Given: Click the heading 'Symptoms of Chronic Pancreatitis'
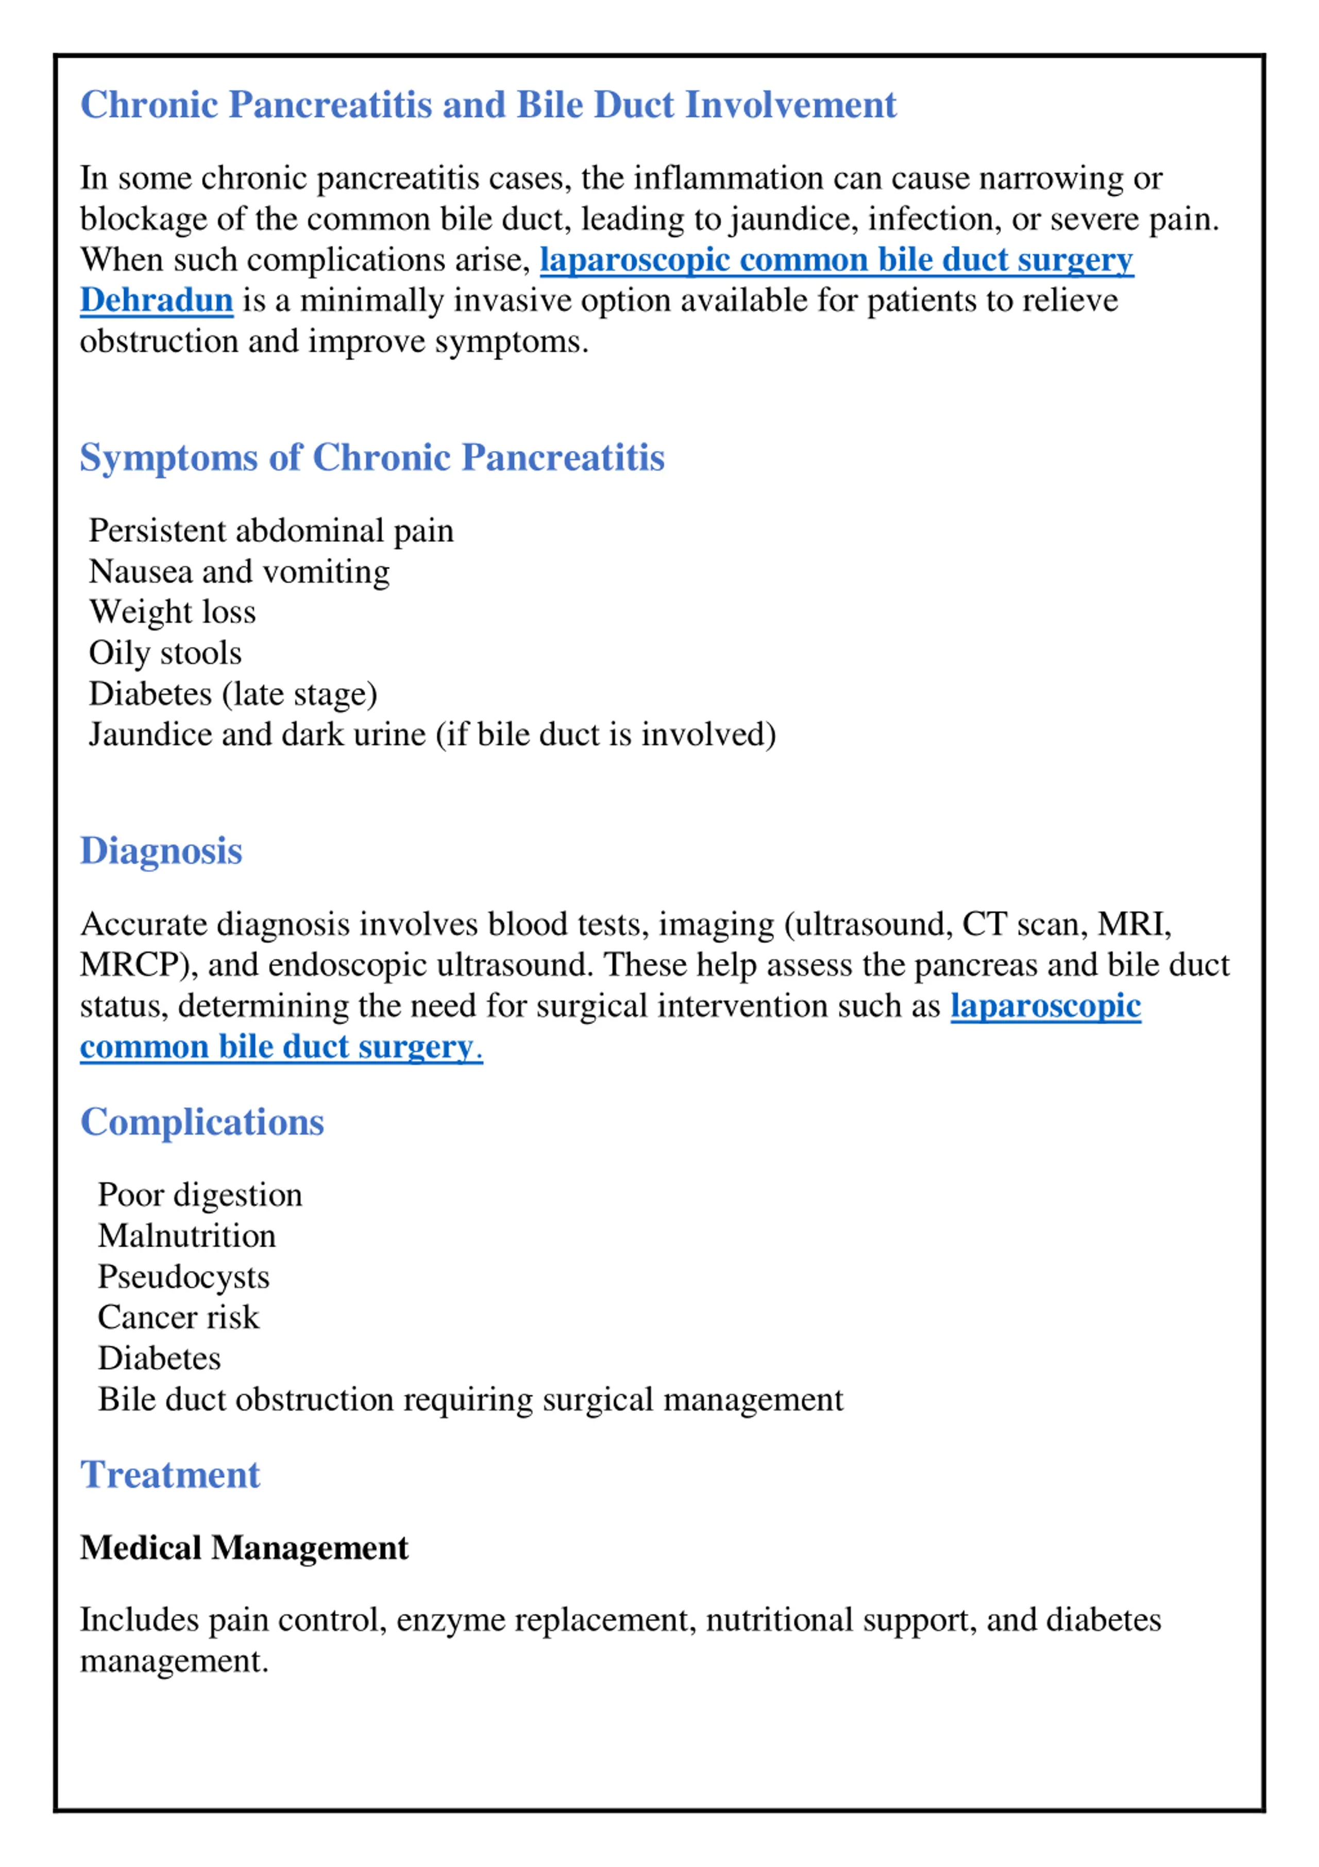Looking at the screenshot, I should (371, 458).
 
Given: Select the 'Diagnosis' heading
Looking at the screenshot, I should (161, 852).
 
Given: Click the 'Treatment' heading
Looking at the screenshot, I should (170, 1475).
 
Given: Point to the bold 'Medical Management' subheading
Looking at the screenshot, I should (244, 1548).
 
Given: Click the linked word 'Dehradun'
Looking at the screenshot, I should (156, 301).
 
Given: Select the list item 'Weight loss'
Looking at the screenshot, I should (173, 613).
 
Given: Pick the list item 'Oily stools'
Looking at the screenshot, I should (165, 653).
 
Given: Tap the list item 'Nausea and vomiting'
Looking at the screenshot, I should (239, 572).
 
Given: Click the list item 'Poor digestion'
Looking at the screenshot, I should (200, 1195).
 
